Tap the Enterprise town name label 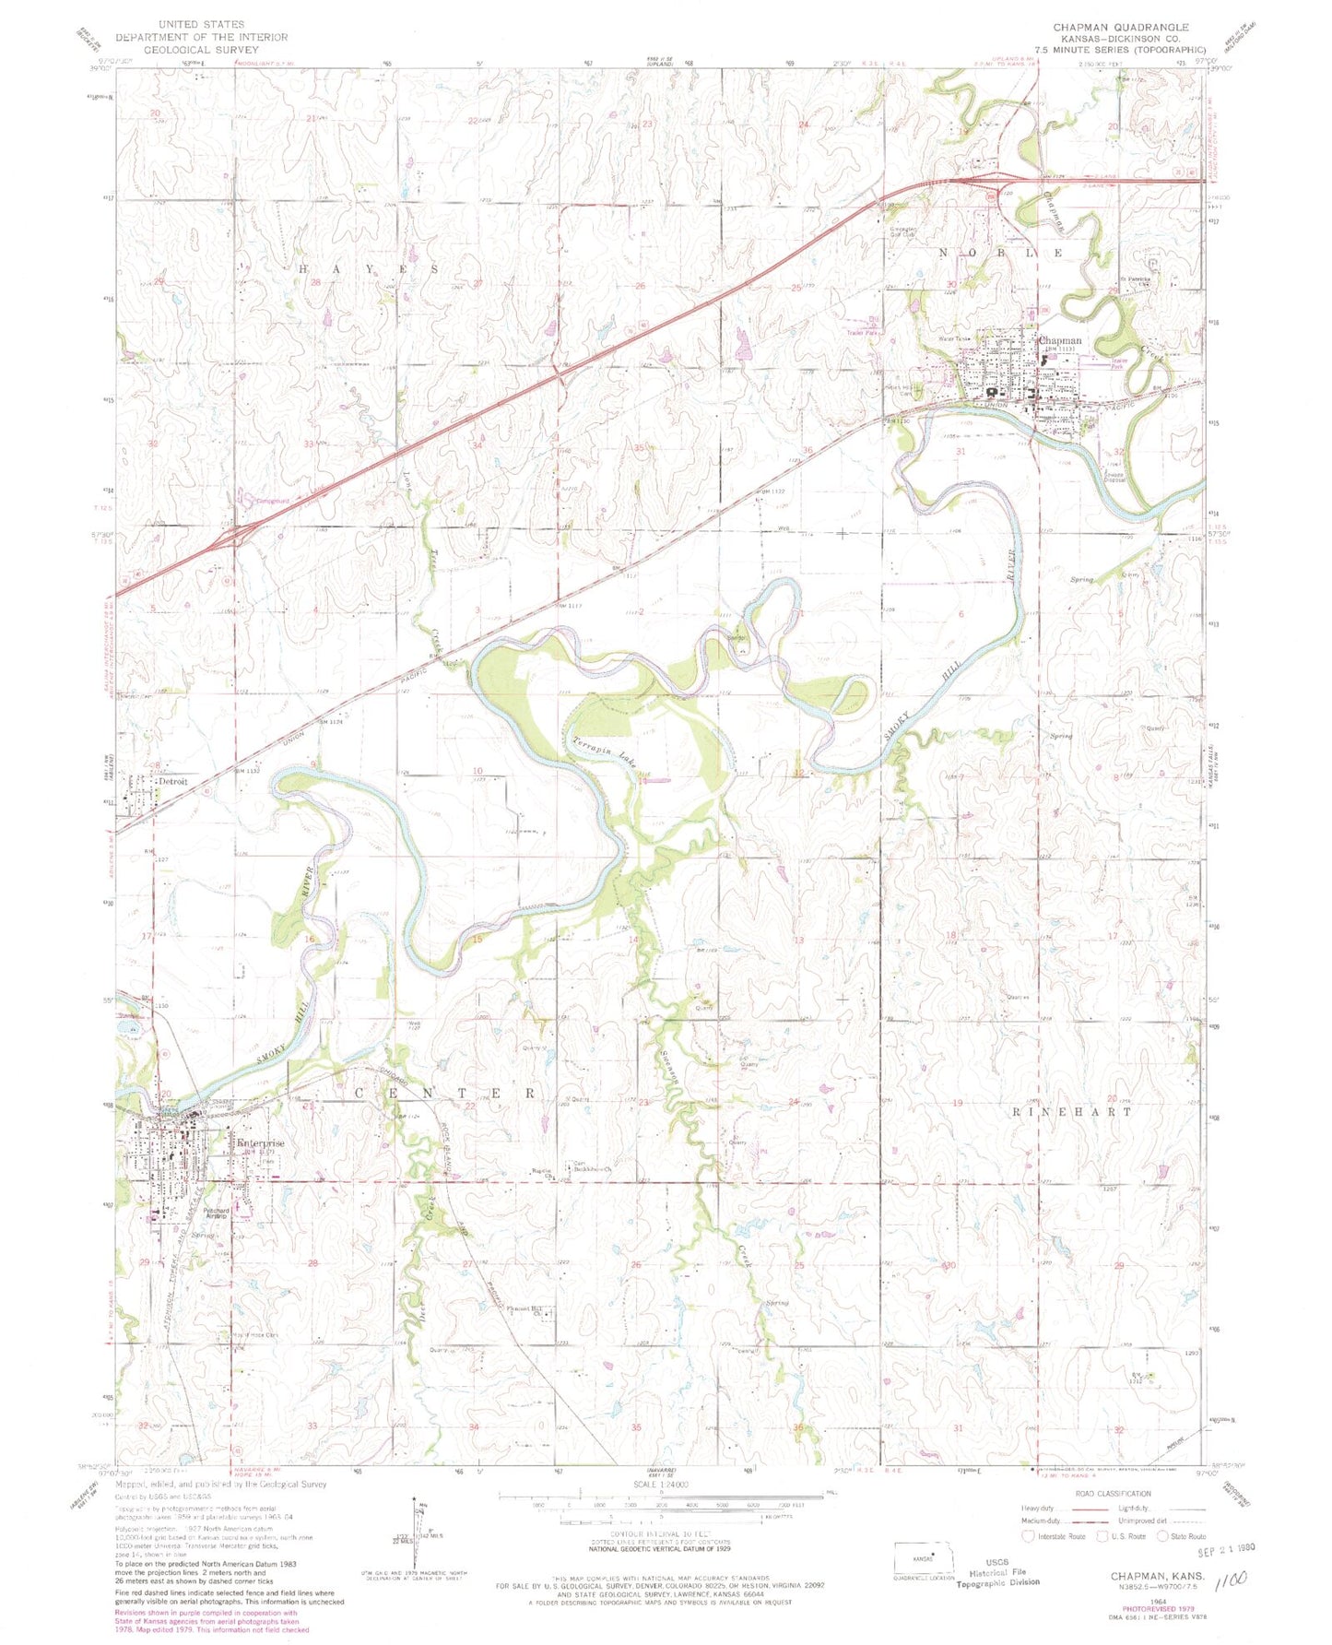(x=261, y=1143)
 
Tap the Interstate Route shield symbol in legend (x=1029, y=1535)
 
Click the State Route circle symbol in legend (x=1160, y=1535)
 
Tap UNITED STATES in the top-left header (x=201, y=23)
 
